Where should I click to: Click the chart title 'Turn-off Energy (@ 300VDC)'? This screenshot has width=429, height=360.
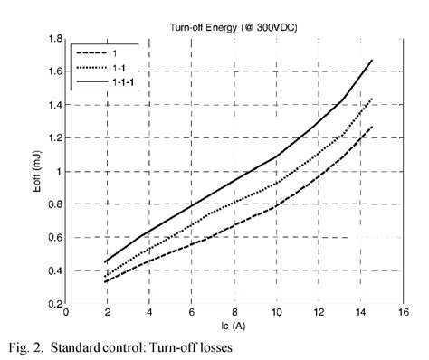[235, 29]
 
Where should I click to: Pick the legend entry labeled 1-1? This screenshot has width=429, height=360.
[119, 66]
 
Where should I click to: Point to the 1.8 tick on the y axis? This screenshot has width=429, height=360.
[55, 39]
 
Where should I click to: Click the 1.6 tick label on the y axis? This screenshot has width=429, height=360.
[55, 71]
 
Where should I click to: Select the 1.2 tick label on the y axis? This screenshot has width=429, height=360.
[55, 138]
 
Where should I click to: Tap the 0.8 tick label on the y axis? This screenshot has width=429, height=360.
[55, 204]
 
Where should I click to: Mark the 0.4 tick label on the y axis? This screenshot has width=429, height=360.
[55, 271]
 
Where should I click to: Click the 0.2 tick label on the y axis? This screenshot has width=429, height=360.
[55, 305]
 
